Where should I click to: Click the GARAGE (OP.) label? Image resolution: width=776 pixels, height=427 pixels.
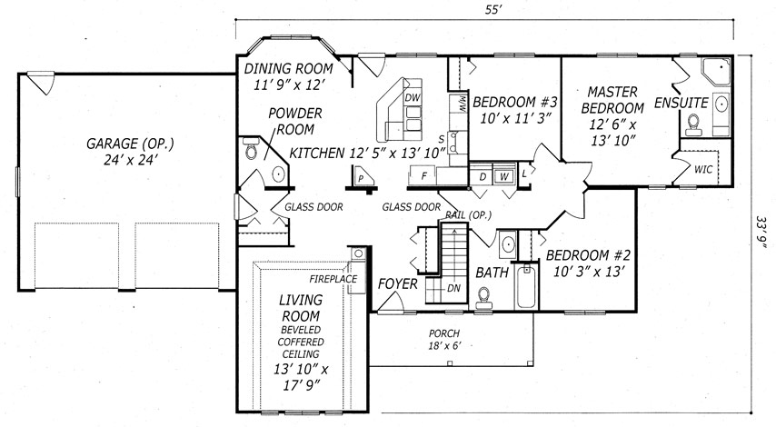point(130,144)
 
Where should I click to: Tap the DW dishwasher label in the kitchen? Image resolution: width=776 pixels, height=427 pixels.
point(413,98)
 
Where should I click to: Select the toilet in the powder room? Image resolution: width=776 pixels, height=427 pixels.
point(252,148)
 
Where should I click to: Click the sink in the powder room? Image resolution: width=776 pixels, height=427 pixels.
point(279,174)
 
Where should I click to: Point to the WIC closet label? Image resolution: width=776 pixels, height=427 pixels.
point(703,169)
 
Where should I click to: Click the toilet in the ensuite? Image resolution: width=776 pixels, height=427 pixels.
point(694,124)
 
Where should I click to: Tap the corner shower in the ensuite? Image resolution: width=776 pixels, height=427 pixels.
point(716,71)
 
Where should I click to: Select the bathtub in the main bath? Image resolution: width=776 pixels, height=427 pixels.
point(526,287)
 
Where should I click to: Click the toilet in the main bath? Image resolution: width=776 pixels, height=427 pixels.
point(483,298)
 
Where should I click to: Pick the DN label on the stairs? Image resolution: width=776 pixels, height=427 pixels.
point(453,288)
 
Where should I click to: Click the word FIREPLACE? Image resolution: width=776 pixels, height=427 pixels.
point(333,279)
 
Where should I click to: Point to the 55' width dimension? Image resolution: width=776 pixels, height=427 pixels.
point(491,10)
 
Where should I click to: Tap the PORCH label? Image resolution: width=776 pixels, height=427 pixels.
point(444,333)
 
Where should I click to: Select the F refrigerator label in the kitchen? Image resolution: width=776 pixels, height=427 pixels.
point(423,175)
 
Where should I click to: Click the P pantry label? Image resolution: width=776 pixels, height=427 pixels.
point(362,178)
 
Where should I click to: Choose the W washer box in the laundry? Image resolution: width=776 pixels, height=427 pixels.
point(503,176)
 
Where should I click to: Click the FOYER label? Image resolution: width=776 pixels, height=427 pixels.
point(397,284)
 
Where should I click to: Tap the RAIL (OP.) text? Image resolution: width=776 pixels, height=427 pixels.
point(468,215)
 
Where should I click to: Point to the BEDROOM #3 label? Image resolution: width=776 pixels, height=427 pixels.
point(514,103)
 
